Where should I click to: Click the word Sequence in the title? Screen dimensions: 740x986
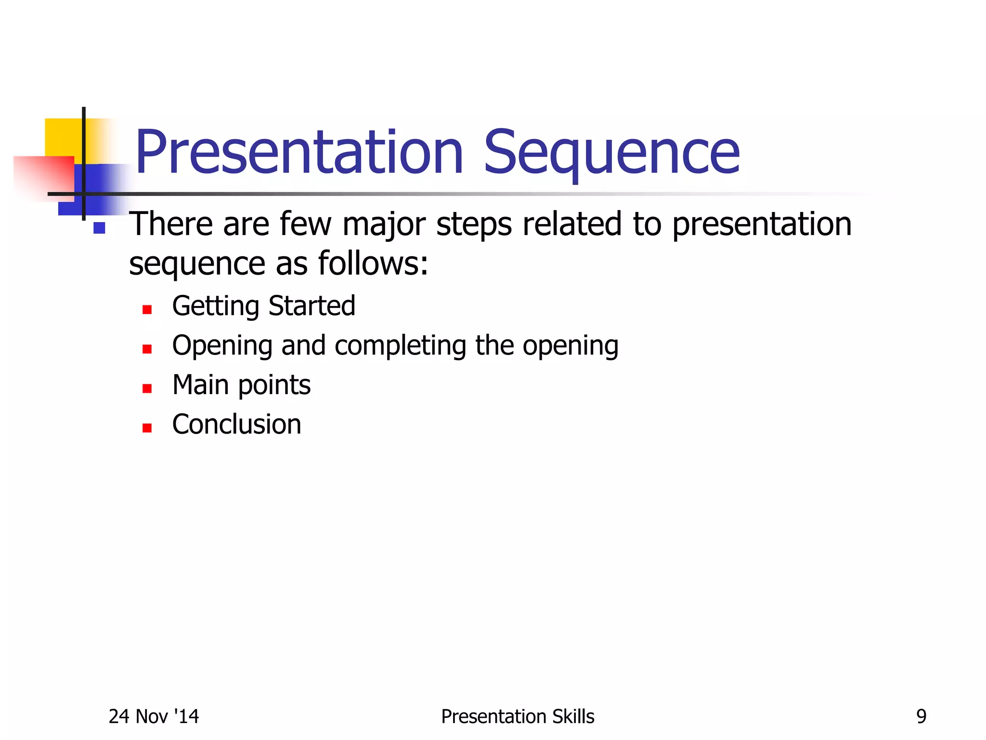[x=611, y=153]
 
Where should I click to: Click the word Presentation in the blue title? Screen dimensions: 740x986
[x=298, y=153]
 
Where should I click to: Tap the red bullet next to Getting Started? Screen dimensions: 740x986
[x=147, y=309]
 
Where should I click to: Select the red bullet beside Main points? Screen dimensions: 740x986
[x=147, y=388]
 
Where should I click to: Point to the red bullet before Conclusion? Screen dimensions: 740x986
[x=147, y=428]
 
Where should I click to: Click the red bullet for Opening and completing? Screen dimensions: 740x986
[x=147, y=349]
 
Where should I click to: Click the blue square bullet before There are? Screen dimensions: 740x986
[x=100, y=228]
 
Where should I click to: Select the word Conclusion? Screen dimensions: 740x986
[x=237, y=424]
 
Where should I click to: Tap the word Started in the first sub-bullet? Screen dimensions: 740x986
[x=312, y=306]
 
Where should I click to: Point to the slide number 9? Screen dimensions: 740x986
[x=921, y=716]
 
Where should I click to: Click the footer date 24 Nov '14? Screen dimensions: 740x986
[x=154, y=716]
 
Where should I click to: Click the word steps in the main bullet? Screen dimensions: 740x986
[x=474, y=225]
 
